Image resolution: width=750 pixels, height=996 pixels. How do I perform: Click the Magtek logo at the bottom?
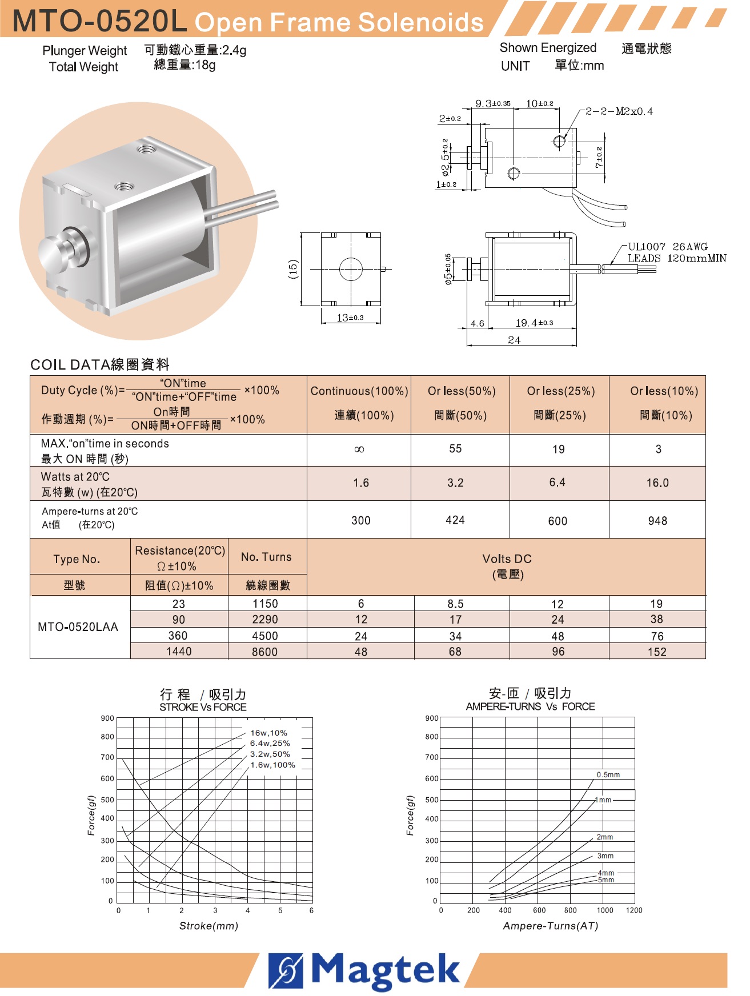[x=364, y=970]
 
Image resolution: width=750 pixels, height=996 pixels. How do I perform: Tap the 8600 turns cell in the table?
[x=264, y=652]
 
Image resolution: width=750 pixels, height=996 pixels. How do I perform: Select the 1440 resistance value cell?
[x=179, y=652]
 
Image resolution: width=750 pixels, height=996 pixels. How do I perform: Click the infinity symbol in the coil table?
[x=359, y=449]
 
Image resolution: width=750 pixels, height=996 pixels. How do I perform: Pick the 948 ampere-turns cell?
[x=657, y=521]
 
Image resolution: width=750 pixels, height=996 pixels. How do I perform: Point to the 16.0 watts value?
[x=657, y=483]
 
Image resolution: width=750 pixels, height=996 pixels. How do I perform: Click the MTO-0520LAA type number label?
[x=78, y=627]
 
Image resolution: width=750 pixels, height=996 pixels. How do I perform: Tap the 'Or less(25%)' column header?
[x=561, y=391]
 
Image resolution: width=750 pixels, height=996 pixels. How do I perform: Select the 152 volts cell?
[x=657, y=652]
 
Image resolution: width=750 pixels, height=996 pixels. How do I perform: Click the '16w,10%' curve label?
[x=268, y=733]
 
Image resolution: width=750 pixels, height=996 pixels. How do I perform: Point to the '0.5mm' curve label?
[x=608, y=775]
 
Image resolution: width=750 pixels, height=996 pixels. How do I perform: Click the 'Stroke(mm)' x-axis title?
[x=208, y=926]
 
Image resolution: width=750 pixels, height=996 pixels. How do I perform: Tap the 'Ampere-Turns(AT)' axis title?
[x=550, y=926]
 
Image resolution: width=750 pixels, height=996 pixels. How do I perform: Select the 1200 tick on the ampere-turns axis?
[x=634, y=910]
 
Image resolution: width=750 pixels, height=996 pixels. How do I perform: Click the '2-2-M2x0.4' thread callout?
[x=619, y=111]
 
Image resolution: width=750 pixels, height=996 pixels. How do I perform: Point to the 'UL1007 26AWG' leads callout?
[x=668, y=247]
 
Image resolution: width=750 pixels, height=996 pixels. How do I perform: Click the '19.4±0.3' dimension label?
[x=534, y=323]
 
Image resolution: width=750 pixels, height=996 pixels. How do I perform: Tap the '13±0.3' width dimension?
[x=350, y=318]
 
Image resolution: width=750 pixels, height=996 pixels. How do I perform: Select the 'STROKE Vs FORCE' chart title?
[x=203, y=707]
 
